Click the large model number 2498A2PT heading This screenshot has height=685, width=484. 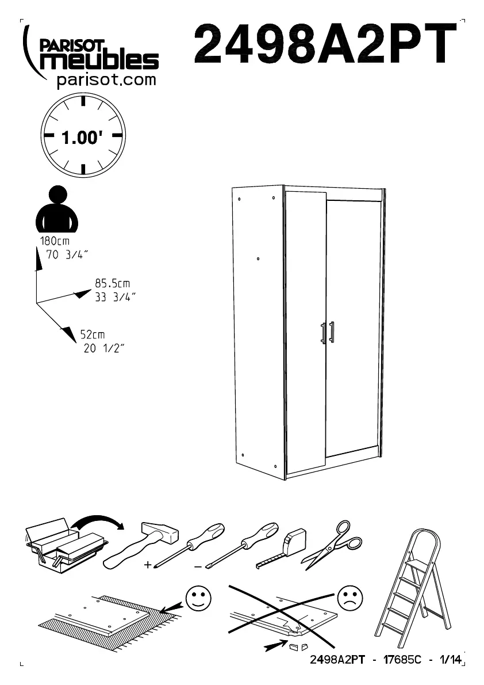pyautogui.click(x=326, y=44)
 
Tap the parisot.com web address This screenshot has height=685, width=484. pyautogui.click(x=107, y=80)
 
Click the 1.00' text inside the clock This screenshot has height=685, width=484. pyautogui.click(x=83, y=138)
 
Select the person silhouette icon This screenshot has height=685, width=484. pyautogui.click(x=56, y=208)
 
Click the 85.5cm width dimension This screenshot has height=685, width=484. pyautogui.click(x=112, y=283)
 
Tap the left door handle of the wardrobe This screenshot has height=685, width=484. pyautogui.click(x=323, y=333)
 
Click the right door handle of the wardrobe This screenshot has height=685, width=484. pyautogui.click(x=332, y=332)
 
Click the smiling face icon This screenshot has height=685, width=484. pyautogui.click(x=198, y=599)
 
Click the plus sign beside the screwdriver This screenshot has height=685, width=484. pyautogui.click(x=148, y=565)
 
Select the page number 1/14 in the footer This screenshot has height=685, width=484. pyautogui.click(x=451, y=660)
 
